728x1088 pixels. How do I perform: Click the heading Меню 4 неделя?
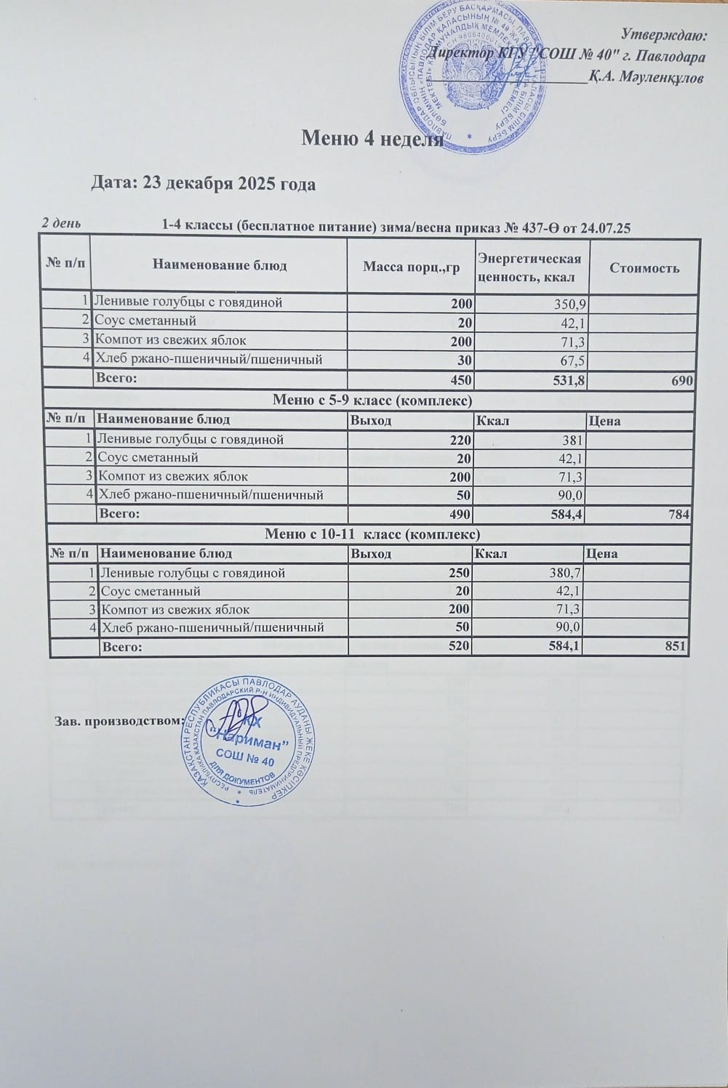[372, 138]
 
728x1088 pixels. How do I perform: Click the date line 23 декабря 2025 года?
[203, 183]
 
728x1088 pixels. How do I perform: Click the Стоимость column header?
[644, 267]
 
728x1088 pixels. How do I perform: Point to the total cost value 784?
[678, 514]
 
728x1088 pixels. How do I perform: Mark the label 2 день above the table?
[65, 223]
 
